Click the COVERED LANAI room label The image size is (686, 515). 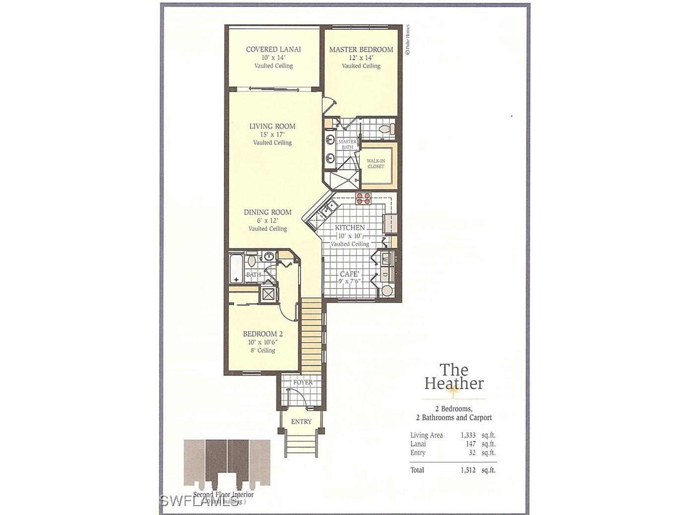click(x=273, y=49)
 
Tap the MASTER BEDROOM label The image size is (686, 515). click(x=361, y=50)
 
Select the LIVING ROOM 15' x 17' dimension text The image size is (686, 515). click(x=272, y=135)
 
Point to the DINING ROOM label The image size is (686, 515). click(x=268, y=212)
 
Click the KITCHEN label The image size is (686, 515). click(x=350, y=227)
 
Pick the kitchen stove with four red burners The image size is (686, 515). click(x=363, y=198)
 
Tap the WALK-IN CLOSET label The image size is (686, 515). click(x=376, y=163)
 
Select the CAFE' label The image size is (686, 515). click(x=349, y=274)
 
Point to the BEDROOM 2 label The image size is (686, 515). click(x=263, y=334)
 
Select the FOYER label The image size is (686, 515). click(x=303, y=382)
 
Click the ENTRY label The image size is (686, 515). click(x=301, y=422)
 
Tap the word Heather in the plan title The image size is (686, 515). click(x=454, y=383)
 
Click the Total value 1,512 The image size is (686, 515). click(x=467, y=470)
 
